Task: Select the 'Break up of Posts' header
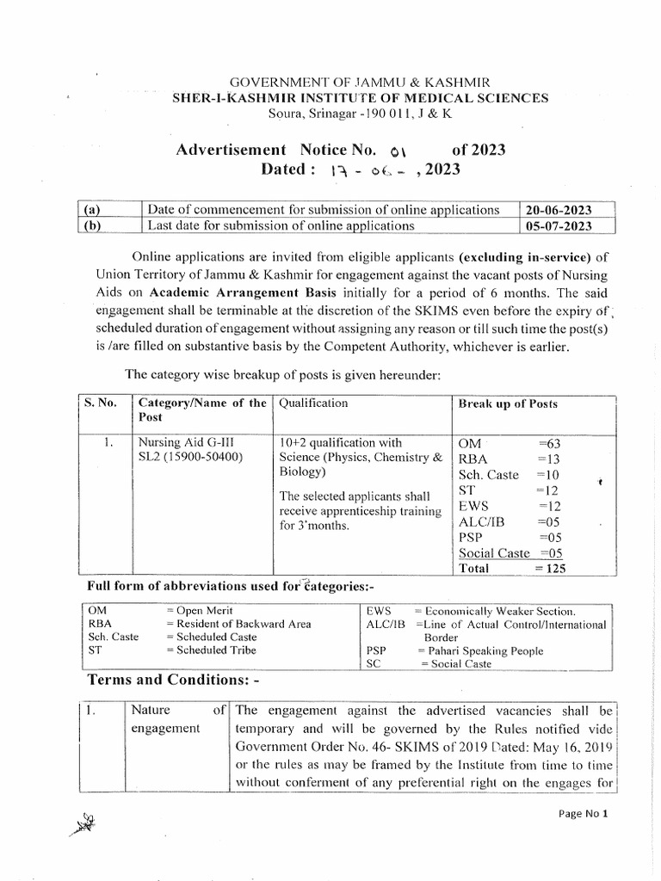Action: (508, 404)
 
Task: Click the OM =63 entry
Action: (510, 442)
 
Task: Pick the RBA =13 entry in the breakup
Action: (510, 459)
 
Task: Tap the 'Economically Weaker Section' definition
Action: (496, 609)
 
